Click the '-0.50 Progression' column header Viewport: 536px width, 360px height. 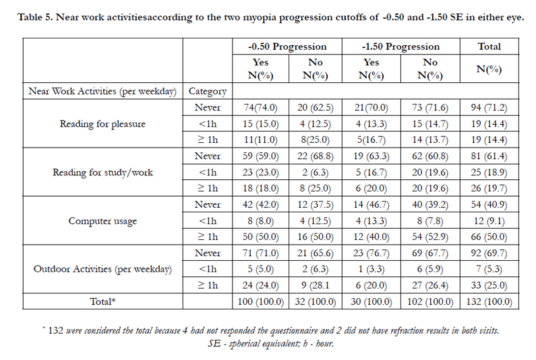pos(287,47)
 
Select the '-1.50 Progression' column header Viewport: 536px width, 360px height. pos(400,47)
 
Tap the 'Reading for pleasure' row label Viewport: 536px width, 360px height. pos(102,124)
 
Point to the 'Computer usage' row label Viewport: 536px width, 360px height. pos(102,221)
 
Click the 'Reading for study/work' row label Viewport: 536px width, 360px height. pos(102,173)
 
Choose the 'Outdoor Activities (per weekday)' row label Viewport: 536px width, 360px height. pos(102,270)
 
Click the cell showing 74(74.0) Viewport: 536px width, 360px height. pos(260,108)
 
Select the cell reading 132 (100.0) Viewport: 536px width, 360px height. pos(489,302)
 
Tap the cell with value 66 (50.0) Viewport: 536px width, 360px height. pos(489,237)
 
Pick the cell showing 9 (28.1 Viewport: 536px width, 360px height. pos(315,285)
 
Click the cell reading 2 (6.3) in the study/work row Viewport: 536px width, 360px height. pos(315,173)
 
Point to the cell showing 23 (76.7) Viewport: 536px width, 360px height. pos(371,253)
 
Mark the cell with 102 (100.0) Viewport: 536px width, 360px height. pos(430,302)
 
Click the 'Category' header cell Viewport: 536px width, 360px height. pos(208,91)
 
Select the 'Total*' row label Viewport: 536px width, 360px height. pos(102,301)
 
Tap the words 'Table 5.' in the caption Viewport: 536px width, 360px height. pos(35,17)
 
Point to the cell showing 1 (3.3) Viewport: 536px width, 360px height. pos(371,270)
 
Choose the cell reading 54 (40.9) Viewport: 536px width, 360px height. pos(489,205)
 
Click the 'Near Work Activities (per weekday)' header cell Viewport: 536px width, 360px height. pos(102,91)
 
